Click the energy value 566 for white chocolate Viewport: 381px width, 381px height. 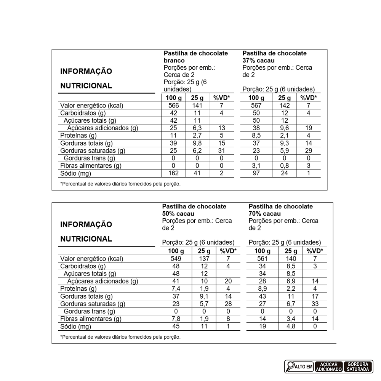coord(173,106)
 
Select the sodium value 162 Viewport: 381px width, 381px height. coord(173,173)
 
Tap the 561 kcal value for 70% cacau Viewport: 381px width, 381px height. coord(263,259)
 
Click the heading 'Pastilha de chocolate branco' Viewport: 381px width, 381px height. coord(195,57)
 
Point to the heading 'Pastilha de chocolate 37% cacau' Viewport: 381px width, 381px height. coord(274,57)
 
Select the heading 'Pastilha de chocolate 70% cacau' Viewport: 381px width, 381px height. coord(280,210)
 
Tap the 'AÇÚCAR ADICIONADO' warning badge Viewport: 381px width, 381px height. coord(329,367)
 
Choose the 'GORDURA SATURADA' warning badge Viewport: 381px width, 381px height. coord(358,367)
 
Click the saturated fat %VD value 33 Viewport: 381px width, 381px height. coord(315,304)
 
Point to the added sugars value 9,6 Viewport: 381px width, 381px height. coord(284,128)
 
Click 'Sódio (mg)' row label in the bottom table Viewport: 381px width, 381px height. coord(76,327)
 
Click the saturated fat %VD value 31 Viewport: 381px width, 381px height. coord(221,150)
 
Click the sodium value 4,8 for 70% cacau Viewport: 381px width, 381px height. coord(291,327)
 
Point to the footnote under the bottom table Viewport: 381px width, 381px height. coord(120,337)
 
